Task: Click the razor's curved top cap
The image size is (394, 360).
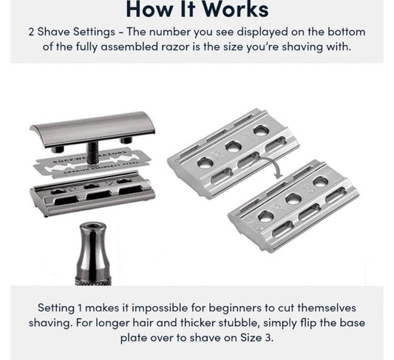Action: tap(92, 129)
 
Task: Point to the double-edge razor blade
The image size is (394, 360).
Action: tap(92, 164)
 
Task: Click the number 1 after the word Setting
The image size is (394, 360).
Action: tap(80, 308)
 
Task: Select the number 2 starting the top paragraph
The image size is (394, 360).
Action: tap(31, 33)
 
